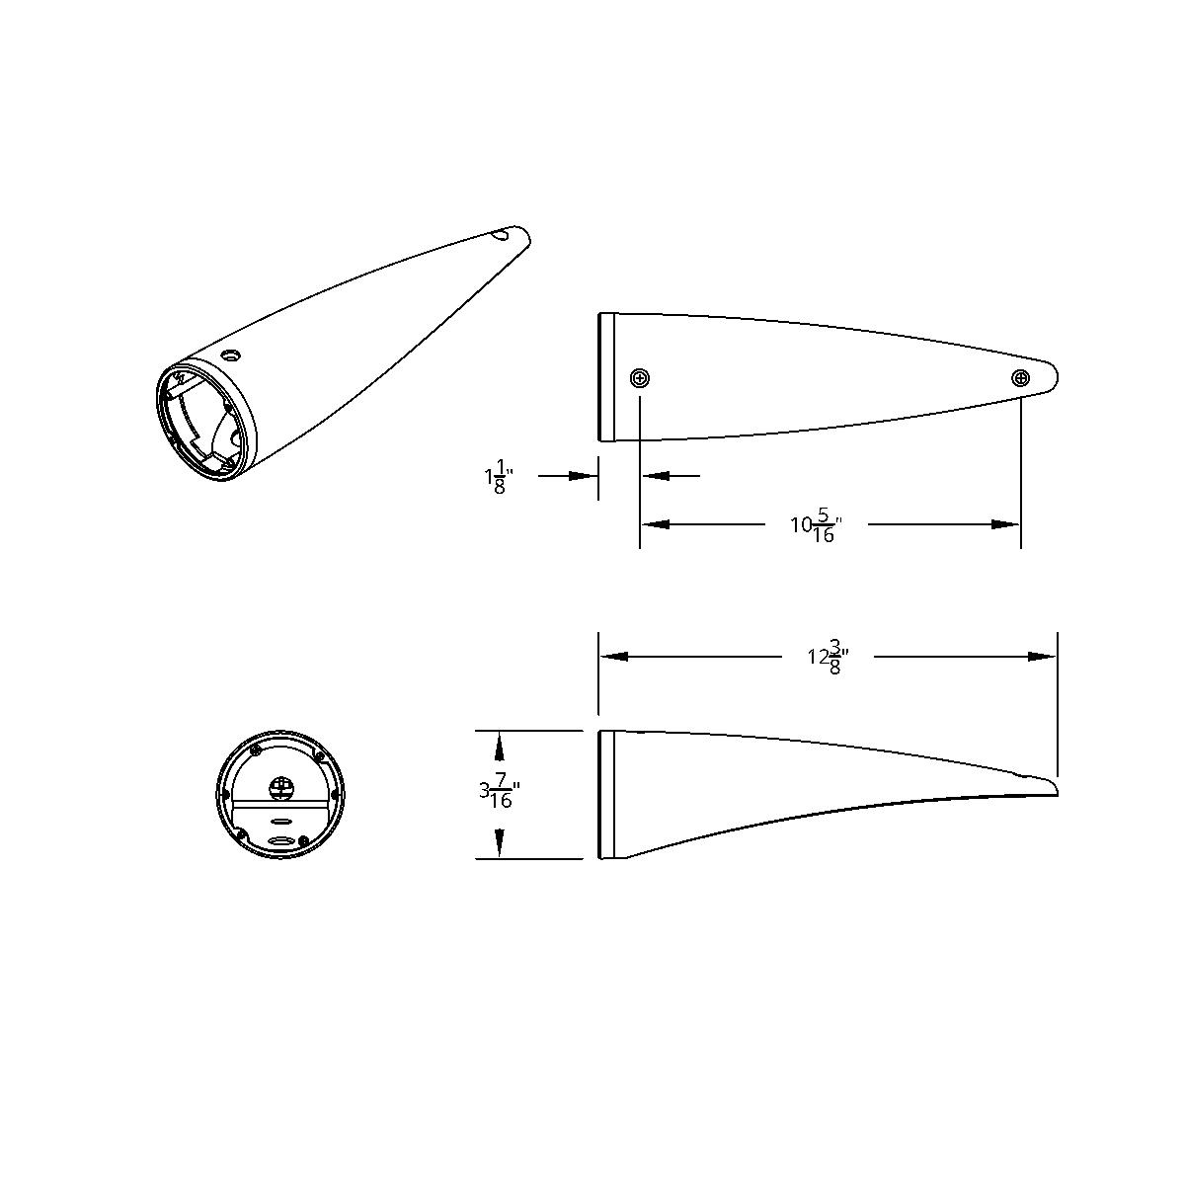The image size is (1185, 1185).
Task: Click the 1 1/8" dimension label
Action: pos(497,477)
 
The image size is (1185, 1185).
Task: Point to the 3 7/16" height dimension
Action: pos(498,794)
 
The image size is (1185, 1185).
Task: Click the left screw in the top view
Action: pos(640,378)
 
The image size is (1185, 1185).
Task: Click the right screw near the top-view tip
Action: pos(1020,377)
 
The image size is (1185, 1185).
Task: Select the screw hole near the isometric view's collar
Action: pos(231,355)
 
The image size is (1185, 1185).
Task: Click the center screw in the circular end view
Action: pos(281,788)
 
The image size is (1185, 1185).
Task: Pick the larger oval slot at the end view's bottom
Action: pos(281,841)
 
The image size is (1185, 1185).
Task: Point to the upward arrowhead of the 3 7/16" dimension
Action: pos(500,743)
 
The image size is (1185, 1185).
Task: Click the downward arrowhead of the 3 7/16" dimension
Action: pos(500,846)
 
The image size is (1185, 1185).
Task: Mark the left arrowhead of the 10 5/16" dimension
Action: pos(656,524)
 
